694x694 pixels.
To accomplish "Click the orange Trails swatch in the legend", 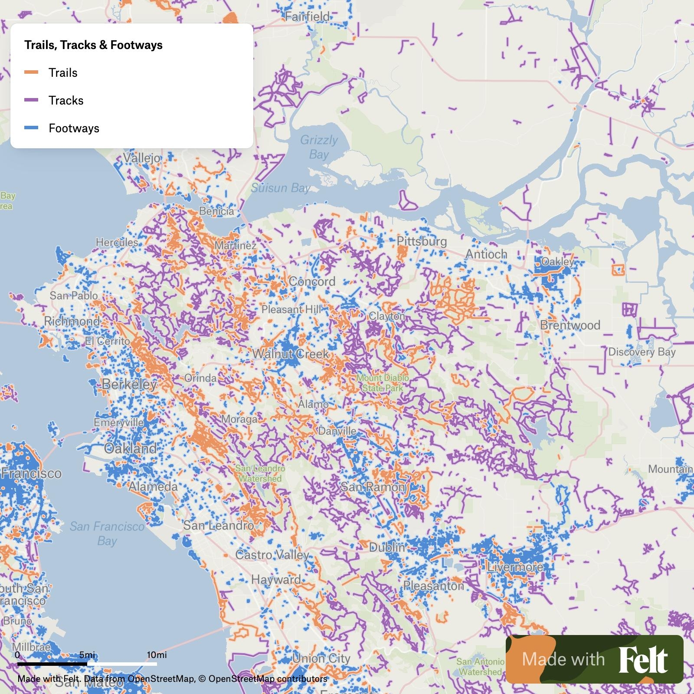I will coord(31,72).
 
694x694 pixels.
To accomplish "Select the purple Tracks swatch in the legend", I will coord(31,100).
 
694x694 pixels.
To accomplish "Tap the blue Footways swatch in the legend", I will coord(31,128).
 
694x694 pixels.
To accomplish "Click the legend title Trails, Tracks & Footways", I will coord(93,45).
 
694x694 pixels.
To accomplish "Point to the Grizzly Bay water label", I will coord(319,147).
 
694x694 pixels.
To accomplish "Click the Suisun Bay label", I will coord(280,188).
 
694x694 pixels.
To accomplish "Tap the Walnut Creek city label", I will coord(290,354).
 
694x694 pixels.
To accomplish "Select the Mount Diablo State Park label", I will coord(382,383).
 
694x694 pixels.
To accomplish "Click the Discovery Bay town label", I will coord(642,352).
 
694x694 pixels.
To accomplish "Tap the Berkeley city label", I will coord(129,384).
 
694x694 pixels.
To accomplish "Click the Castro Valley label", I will coord(272,554).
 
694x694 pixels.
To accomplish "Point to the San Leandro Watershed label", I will coord(260,474).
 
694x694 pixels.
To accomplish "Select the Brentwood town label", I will coord(570,325).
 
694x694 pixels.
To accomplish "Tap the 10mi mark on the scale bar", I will coord(157,655).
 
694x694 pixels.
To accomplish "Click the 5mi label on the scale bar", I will coord(87,655).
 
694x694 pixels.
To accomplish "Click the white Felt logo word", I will coord(643,660).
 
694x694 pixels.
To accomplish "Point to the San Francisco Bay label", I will coord(107,534).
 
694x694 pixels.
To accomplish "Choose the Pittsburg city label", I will coord(422,242).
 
